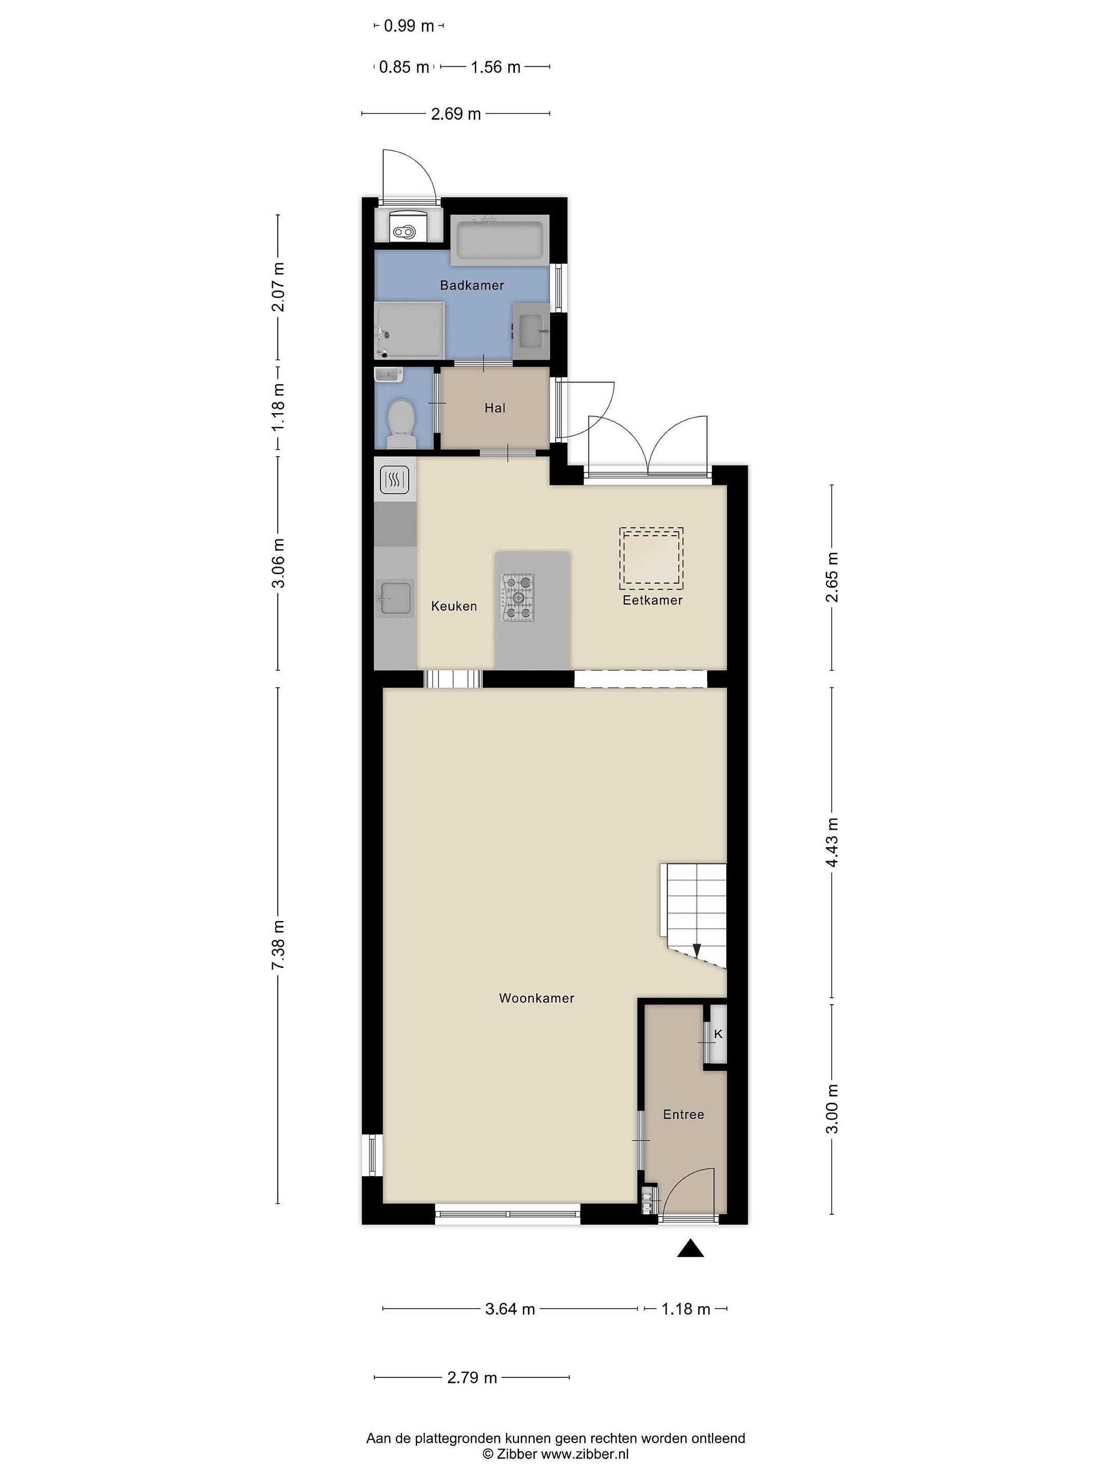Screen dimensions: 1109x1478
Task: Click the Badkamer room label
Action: (x=471, y=285)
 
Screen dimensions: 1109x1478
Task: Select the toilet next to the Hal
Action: (x=401, y=423)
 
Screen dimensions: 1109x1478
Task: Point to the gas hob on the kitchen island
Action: (x=518, y=597)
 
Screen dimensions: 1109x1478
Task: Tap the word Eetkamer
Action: (x=653, y=600)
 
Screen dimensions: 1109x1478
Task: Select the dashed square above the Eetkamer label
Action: (x=651, y=558)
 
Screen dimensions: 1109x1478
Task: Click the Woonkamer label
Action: (x=537, y=998)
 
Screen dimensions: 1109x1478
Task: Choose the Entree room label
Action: (x=683, y=1115)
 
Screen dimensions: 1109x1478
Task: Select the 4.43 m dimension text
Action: (x=832, y=843)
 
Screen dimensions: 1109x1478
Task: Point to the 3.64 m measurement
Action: (x=510, y=1309)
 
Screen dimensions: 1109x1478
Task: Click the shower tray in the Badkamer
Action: (x=409, y=330)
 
